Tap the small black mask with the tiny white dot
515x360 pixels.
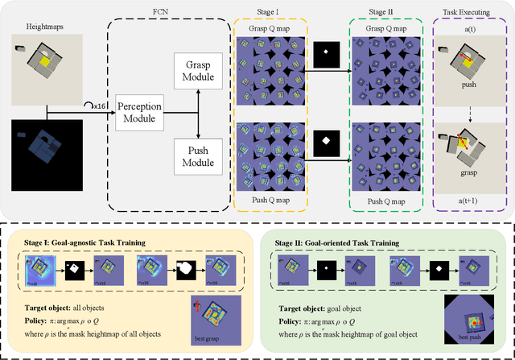point(325,54)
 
